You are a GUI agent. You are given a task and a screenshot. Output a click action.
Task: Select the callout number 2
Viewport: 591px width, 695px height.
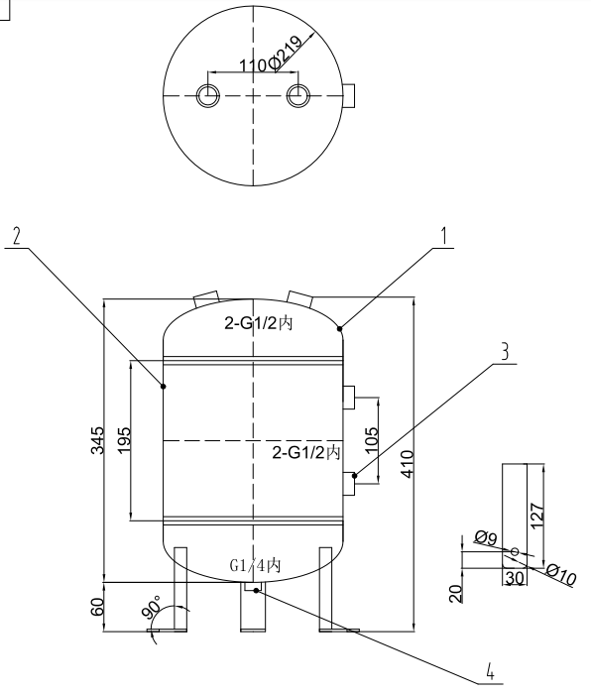[15, 236]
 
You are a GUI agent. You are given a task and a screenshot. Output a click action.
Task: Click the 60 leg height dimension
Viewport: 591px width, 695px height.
[96, 607]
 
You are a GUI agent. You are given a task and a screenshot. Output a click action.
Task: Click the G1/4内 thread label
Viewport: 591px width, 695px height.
[255, 565]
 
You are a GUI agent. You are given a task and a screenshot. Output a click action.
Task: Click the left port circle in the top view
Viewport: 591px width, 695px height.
[208, 95]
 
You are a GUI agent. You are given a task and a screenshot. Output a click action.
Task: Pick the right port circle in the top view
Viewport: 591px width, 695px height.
[298, 95]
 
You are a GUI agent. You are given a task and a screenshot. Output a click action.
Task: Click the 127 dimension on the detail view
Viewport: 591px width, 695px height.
[535, 513]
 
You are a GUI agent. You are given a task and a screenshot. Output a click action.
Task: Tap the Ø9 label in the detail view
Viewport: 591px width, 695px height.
[485, 538]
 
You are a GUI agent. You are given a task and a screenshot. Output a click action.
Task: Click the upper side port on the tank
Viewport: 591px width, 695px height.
[349, 397]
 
